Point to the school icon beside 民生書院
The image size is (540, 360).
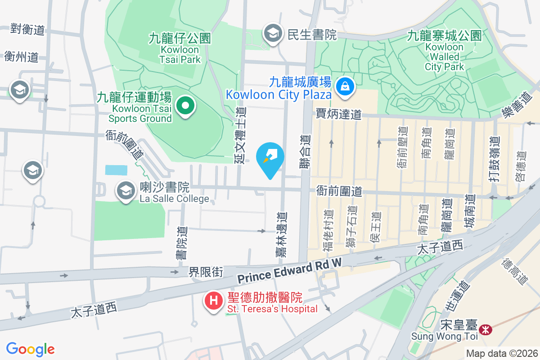tap(272, 33)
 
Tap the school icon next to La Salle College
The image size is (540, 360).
tap(126, 191)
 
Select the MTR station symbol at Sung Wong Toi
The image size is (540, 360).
tap(486, 329)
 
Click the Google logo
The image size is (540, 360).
tap(30, 349)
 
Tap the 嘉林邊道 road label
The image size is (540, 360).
tap(281, 235)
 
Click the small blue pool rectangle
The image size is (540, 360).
tap(116, 170)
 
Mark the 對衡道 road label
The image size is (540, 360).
tap(28, 30)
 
